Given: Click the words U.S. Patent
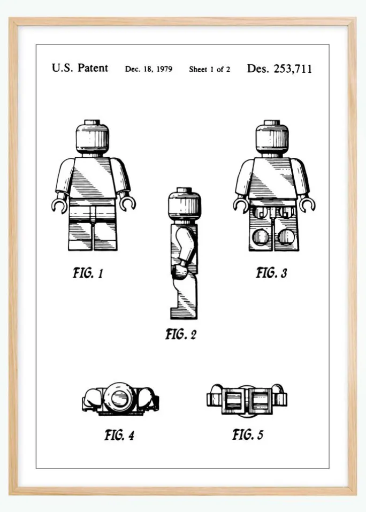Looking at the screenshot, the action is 80,68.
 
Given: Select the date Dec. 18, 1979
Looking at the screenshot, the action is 149,69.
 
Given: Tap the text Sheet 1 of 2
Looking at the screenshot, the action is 209,69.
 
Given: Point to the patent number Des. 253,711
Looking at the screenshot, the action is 279,68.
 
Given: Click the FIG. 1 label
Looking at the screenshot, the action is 88,273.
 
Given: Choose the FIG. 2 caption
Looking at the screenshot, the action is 181,334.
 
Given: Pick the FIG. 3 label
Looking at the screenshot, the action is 272,273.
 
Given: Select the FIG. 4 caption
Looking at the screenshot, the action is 119,435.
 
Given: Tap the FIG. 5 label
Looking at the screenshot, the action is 248,434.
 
